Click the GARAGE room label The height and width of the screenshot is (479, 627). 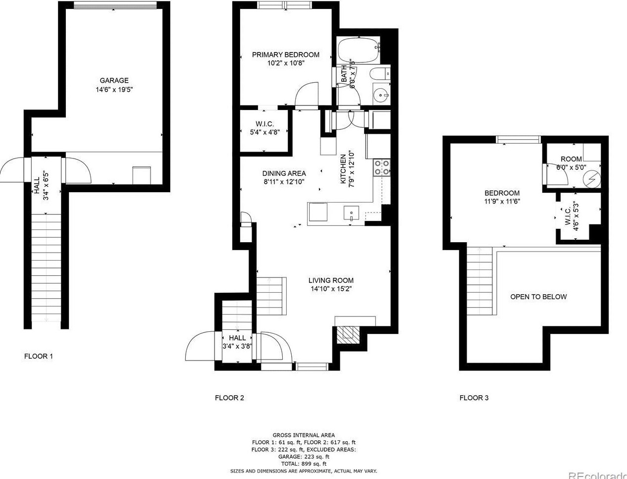click(114, 80)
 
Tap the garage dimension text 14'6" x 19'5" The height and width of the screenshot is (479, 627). click(114, 90)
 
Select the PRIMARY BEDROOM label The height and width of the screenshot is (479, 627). click(285, 54)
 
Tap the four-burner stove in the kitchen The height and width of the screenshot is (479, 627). click(381, 167)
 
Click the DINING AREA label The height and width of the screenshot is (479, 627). click(284, 173)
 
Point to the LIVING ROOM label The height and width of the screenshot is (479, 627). click(331, 280)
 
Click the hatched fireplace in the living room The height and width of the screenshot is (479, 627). click(346, 334)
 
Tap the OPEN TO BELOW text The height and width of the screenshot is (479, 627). click(538, 297)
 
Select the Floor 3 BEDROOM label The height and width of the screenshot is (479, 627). click(502, 193)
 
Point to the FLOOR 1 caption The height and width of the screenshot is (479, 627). click(39, 356)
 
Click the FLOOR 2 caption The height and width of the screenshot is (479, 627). click(229, 398)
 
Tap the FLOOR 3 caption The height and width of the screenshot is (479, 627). click(474, 398)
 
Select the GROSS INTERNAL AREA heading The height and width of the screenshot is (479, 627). click(304, 435)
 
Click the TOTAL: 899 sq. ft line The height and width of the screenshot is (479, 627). click(304, 464)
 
